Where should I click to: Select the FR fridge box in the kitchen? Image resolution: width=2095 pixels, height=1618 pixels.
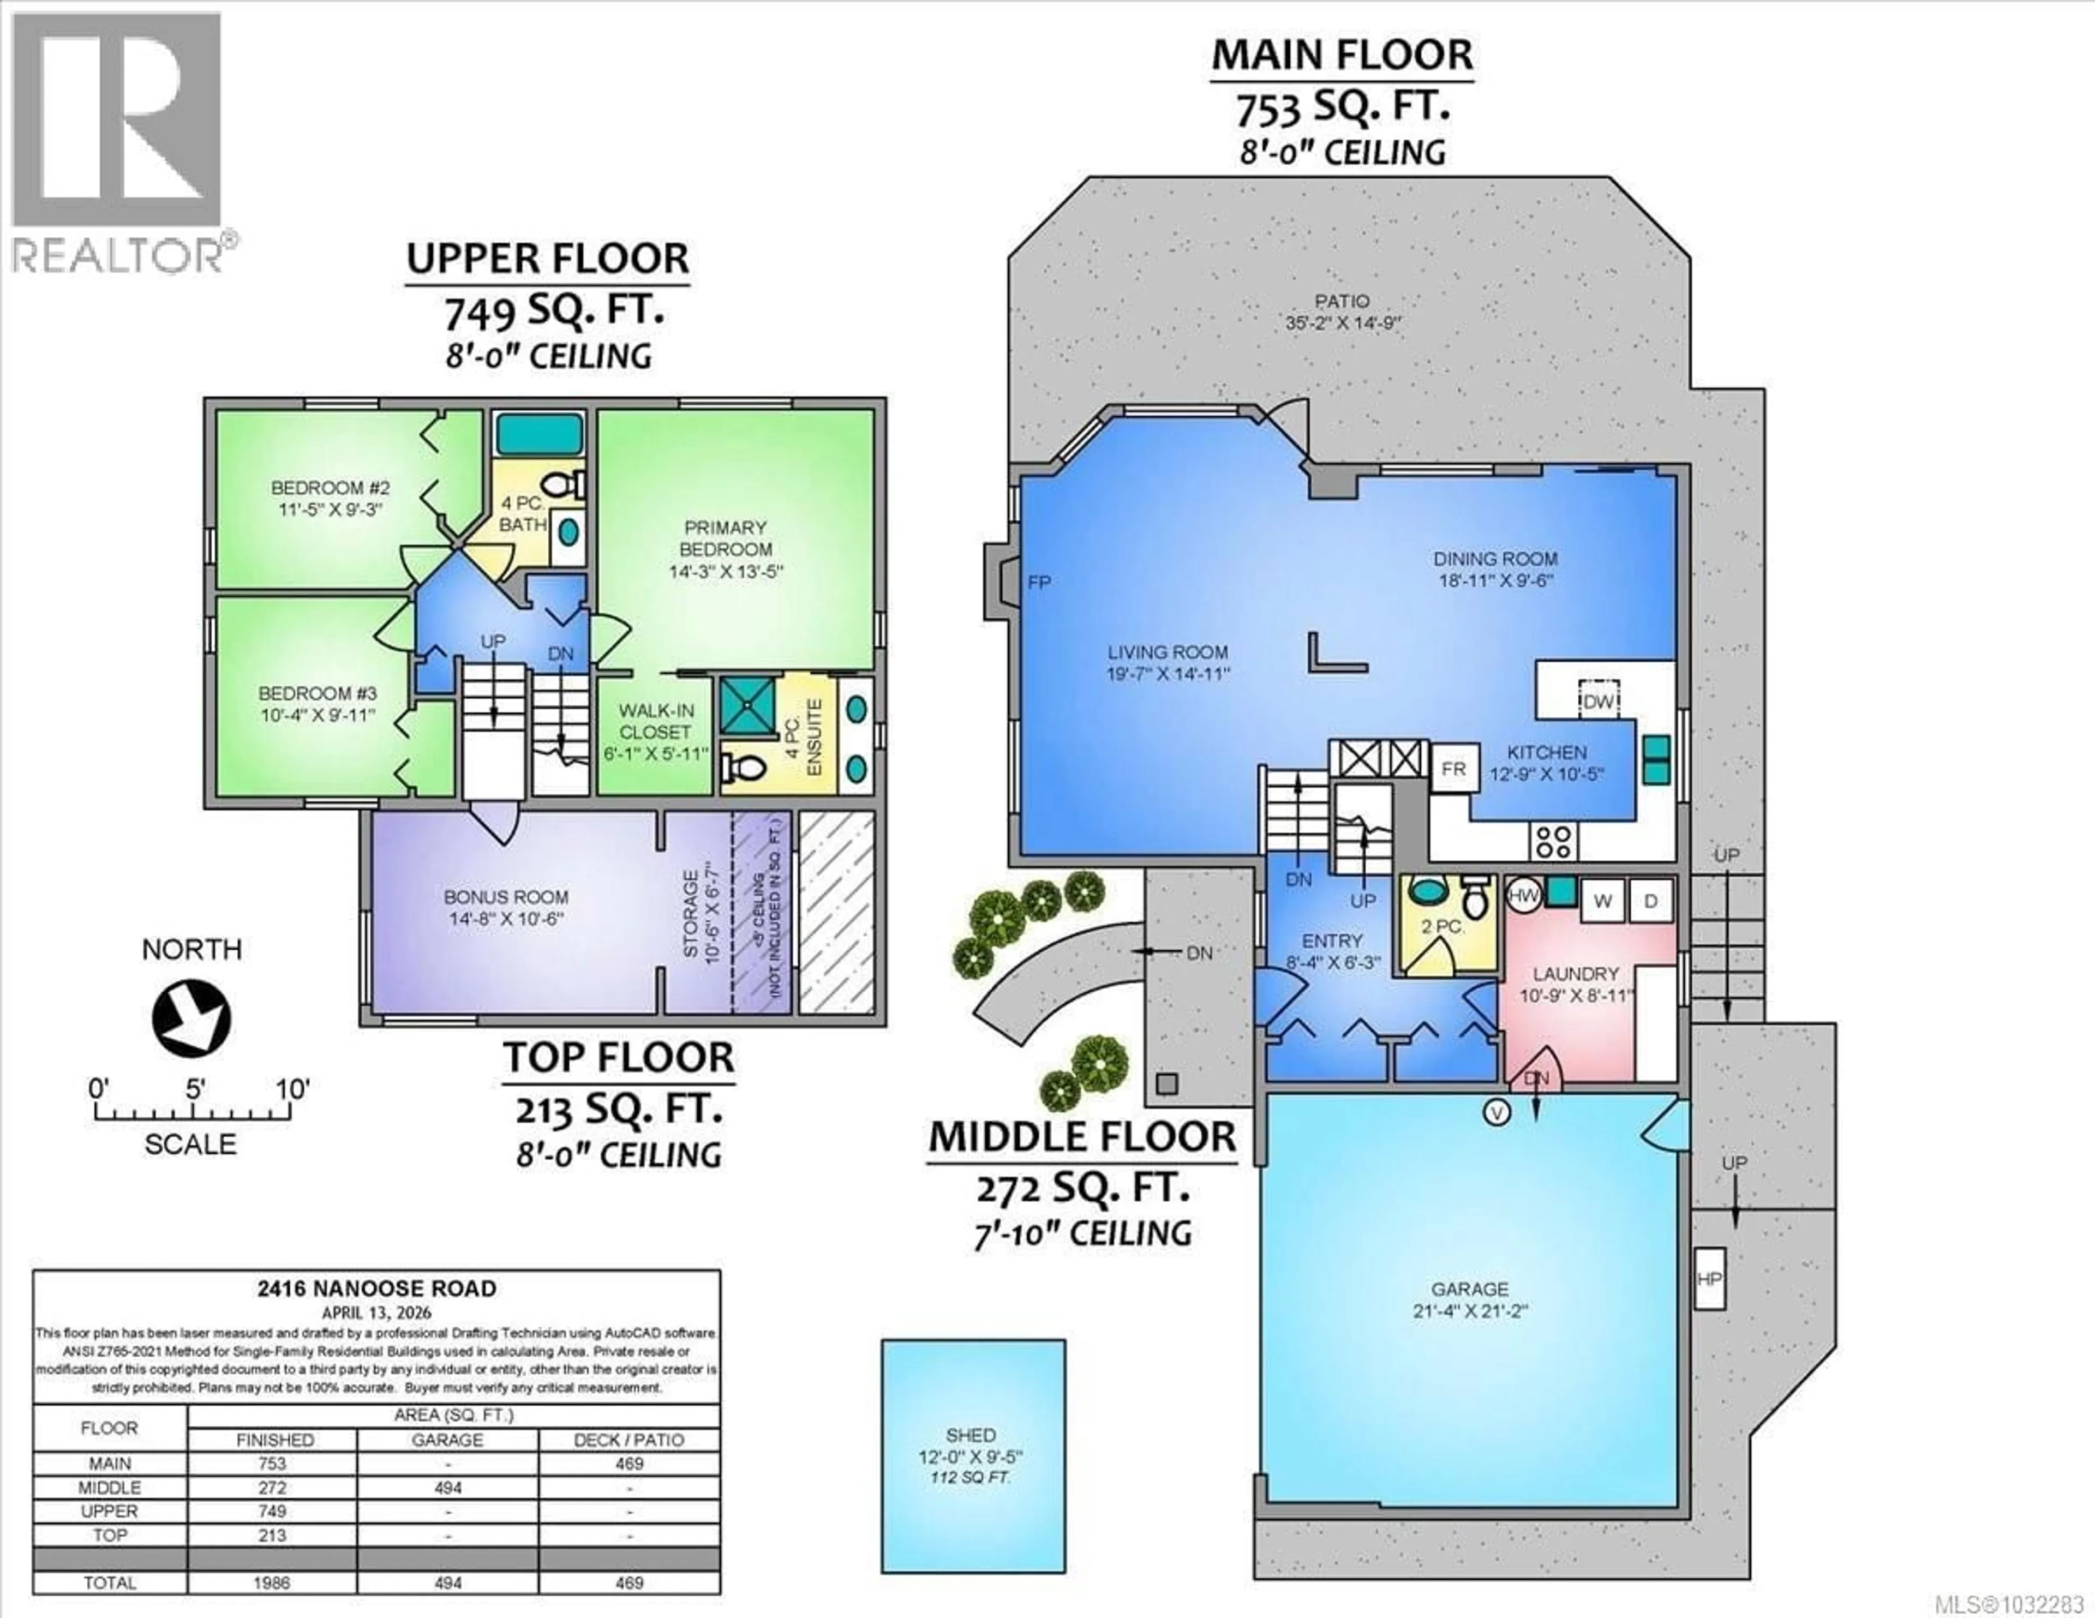[1453, 769]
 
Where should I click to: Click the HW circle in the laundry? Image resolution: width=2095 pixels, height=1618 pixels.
[1523, 896]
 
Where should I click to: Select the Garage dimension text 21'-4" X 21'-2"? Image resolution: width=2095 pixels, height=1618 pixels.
[1470, 1311]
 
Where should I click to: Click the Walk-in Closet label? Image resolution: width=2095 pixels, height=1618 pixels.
[656, 732]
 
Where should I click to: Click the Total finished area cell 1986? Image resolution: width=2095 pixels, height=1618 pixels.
[272, 1584]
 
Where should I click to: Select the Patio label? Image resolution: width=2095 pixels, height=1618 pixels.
[1341, 301]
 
